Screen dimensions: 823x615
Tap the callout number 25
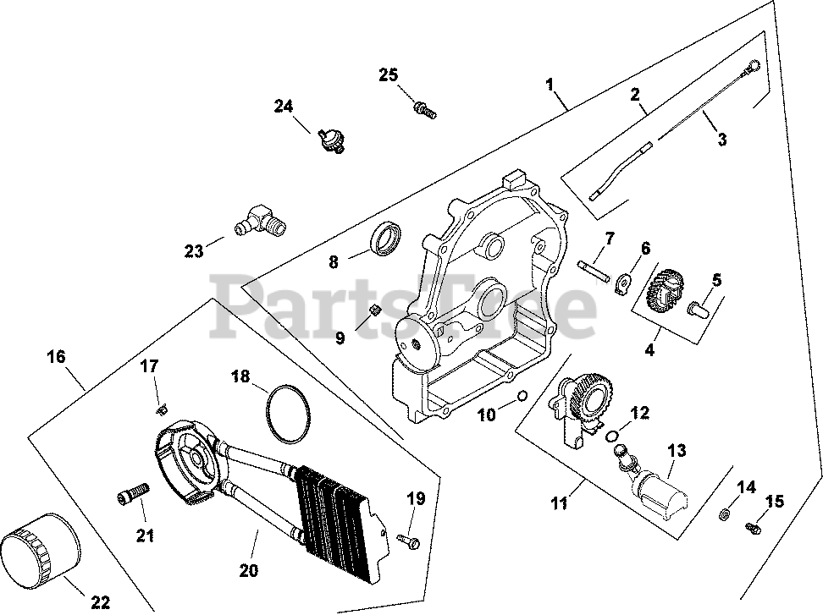click(x=388, y=75)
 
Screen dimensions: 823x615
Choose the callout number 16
click(x=55, y=357)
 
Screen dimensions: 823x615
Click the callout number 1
click(x=550, y=85)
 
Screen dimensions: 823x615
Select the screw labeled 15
click(x=753, y=528)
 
